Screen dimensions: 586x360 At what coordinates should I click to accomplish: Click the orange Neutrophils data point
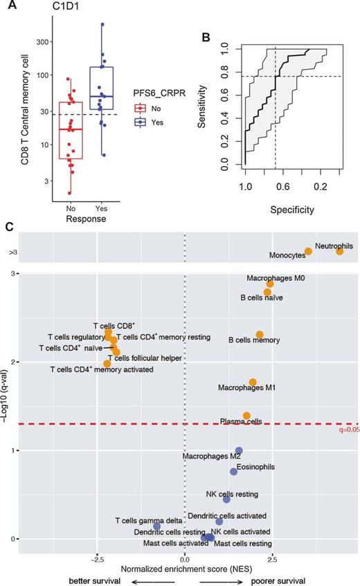click(339, 251)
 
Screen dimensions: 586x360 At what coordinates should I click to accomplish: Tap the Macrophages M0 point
click(270, 284)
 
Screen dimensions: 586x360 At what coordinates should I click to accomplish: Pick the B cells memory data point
click(260, 334)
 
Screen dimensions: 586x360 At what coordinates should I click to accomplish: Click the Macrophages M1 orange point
click(253, 382)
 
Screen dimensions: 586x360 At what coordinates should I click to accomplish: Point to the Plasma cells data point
click(246, 416)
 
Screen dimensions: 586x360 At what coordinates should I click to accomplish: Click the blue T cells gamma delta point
click(156, 526)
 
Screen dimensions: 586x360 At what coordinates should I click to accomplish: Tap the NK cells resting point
click(226, 499)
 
